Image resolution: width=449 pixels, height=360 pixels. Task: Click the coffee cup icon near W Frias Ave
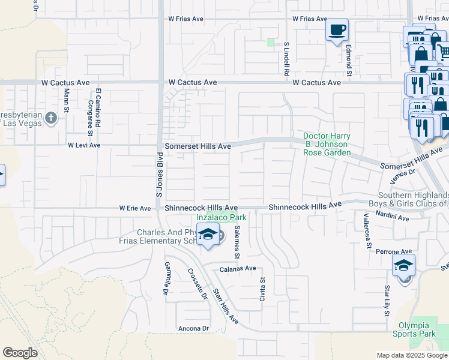(x=337, y=29)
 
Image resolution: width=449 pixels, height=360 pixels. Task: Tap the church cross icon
(x=50, y=118)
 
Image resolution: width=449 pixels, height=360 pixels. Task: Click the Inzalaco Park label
(x=222, y=218)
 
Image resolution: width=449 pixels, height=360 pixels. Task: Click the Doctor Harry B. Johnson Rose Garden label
(x=327, y=144)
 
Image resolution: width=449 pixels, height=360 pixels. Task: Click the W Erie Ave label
(x=134, y=208)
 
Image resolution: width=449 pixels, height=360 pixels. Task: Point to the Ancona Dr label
(x=193, y=328)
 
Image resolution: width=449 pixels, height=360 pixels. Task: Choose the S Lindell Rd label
(x=287, y=58)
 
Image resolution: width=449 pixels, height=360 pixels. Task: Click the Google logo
(x=20, y=353)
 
